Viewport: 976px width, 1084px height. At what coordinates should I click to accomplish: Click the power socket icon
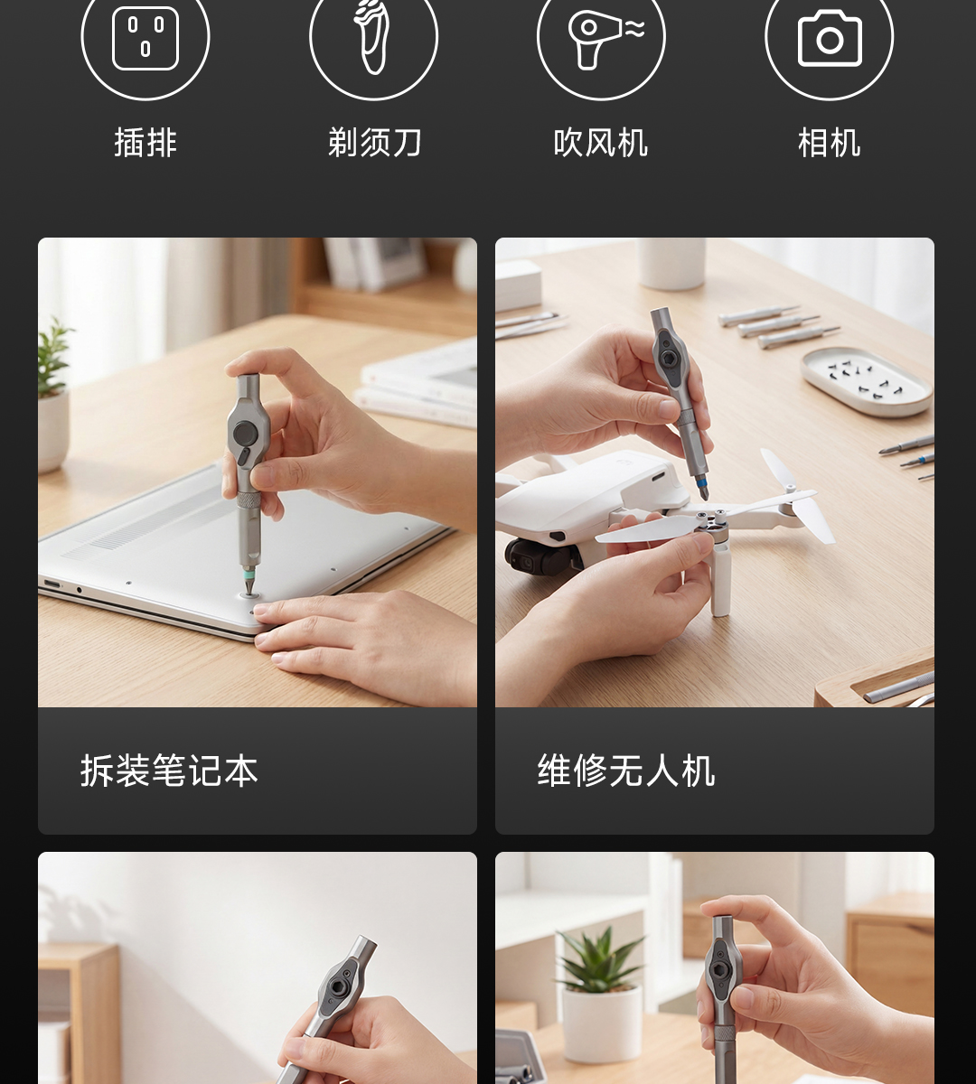click(145, 38)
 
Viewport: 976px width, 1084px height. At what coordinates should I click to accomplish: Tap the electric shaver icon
click(372, 37)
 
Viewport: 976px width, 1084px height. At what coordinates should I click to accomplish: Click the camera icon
click(830, 38)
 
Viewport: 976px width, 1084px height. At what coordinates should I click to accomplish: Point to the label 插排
click(145, 144)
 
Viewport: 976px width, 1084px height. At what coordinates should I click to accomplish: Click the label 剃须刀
click(374, 143)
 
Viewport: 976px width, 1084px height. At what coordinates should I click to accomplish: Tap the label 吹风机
click(601, 144)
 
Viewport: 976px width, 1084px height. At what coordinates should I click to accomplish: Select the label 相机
click(829, 144)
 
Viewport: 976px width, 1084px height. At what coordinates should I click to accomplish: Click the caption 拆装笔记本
click(169, 770)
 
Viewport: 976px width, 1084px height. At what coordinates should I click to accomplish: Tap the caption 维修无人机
click(626, 770)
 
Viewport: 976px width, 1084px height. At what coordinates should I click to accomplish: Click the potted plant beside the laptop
click(53, 395)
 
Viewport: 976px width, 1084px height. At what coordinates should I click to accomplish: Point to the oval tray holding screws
click(867, 381)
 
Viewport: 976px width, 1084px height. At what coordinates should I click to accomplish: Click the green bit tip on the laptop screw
click(249, 580)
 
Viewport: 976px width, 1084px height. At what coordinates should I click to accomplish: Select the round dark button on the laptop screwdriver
click(247, 433)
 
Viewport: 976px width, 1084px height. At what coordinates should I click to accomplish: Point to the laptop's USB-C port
click(52, 584)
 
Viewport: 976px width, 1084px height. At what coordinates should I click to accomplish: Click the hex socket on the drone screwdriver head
click(668, 358)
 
